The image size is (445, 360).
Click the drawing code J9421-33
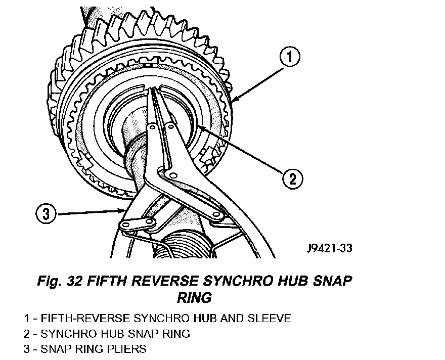coord(329,248)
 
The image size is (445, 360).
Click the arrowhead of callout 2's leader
coord(199,126)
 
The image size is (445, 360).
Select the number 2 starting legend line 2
coord(26,334)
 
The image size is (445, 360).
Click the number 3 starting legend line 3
coord(26,349)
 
